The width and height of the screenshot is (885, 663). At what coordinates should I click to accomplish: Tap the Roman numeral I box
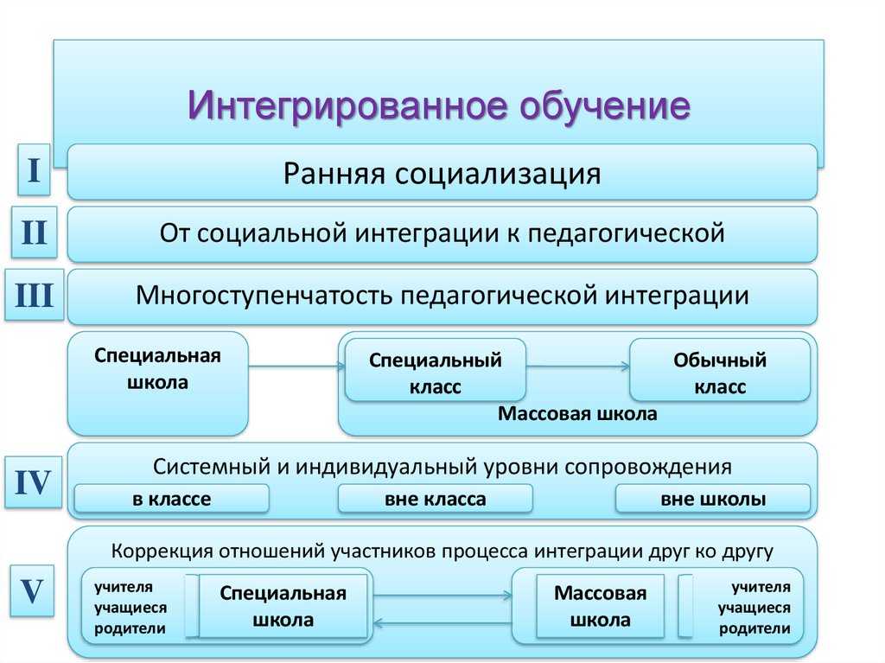pos(33,170)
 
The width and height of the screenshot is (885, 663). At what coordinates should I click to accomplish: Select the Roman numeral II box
pos(34,233)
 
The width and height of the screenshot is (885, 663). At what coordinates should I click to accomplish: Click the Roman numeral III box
pos(34,296)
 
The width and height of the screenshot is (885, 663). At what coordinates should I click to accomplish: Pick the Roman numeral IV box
pos(34,482)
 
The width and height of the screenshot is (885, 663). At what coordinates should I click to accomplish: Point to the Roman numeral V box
pos(33,591)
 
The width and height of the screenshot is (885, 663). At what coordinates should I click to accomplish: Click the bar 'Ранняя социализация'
pos(442,172)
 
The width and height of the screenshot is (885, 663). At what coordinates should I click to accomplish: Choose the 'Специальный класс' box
pos(435,373)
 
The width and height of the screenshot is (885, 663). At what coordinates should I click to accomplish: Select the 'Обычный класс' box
pos(720,373)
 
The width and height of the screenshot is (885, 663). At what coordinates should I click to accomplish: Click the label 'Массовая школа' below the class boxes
pos(577,414)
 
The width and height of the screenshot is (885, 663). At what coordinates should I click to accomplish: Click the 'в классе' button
pos(171,499)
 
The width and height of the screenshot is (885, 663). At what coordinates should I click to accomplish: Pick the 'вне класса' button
pos(435,499)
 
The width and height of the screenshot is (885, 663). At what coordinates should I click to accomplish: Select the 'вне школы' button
pos(713,499)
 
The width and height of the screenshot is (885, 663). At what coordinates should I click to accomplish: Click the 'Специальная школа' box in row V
pos(283,606)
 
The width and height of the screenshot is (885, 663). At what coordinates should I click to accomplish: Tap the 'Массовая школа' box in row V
pos(600,606)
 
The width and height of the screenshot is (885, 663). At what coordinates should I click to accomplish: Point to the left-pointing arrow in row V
pos(442,622)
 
